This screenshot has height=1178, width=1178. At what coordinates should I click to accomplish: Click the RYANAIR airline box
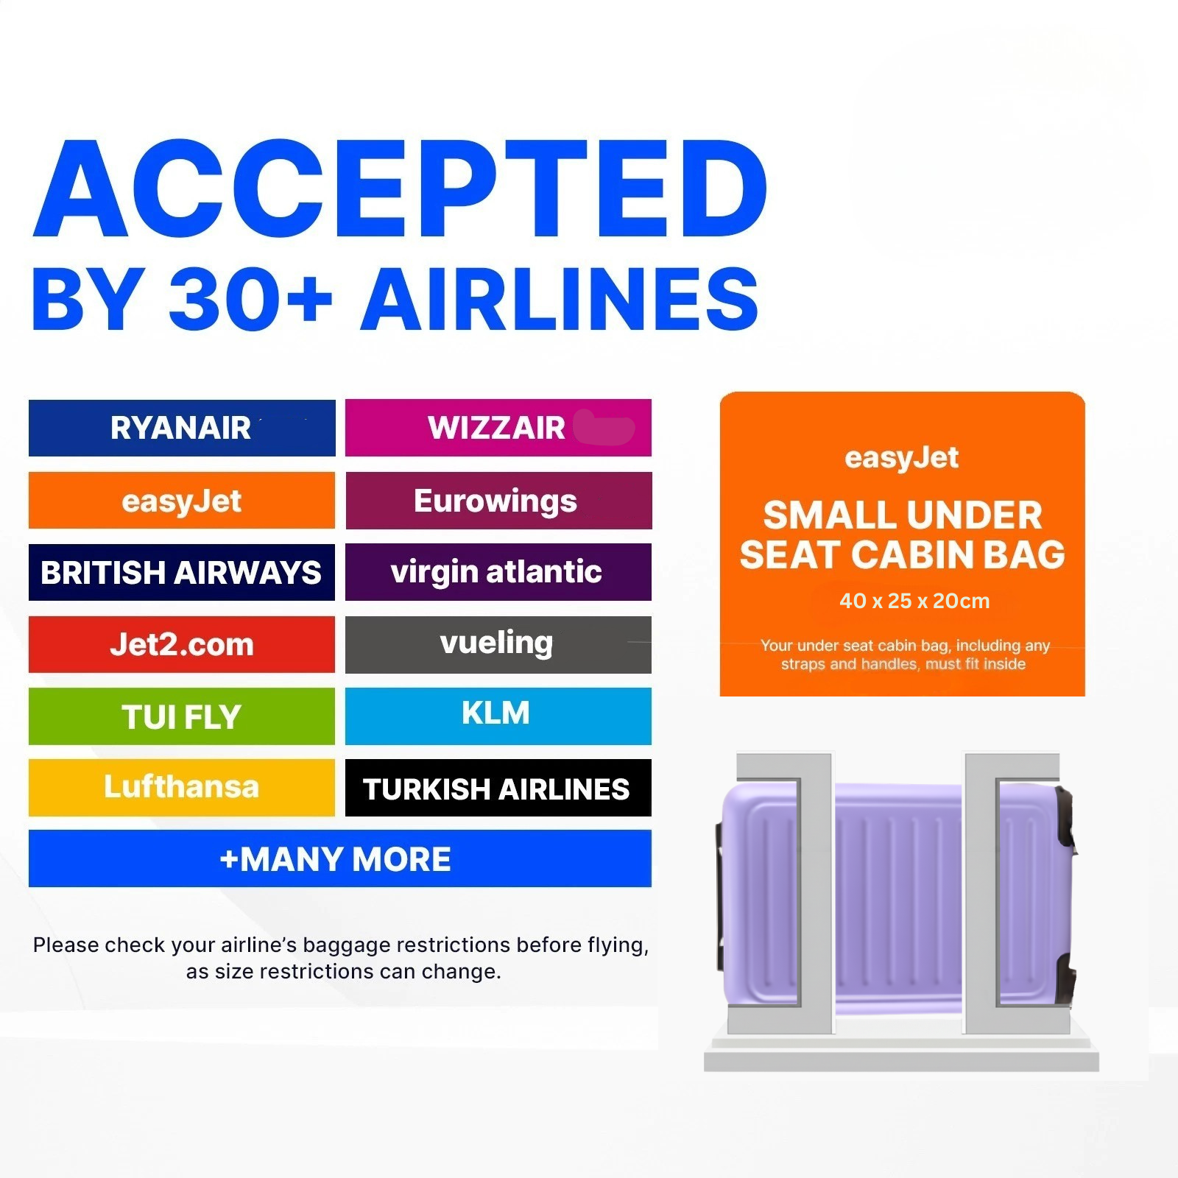pyautogui.click(x=182, y=428)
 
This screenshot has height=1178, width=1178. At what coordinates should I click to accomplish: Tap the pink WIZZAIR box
pyautogui.click(x=498, y=428)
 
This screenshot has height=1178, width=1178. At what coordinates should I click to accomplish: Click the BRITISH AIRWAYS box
pyautogui.click(x=182, y=573)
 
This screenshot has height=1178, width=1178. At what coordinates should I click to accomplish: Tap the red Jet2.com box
pyautogui.click(x=182, y=645)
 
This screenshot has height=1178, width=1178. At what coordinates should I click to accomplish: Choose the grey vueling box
pyautogui.click(x=498, y=645)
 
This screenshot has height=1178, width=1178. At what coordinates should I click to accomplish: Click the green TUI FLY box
pyautogui.click(x=182, y=716)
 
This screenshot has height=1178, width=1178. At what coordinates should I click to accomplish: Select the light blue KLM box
pyautogui.click(x=498, y=716)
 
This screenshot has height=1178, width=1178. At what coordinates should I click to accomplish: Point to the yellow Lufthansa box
pyautogui.click(x=182, y=788)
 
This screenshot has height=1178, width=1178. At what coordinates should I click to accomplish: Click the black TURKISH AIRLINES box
pyautogui.click(x=498, y=788)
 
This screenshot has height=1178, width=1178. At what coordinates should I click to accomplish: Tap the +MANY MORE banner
pyautogui.click(x=340, y=858)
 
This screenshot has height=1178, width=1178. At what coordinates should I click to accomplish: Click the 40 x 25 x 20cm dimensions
pyautogui.click(x=914, y=601)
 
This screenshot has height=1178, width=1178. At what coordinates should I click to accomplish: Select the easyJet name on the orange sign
pyautogui.click(x=902, y=458)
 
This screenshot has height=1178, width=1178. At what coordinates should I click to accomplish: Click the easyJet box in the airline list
pyautogui.click(x=182, y=501)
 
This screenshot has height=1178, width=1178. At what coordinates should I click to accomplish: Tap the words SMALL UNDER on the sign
pyautogui.click(x=903, y=515)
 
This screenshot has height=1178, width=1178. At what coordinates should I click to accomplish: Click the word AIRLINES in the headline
pyautogui.click(x=560, y=299)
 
